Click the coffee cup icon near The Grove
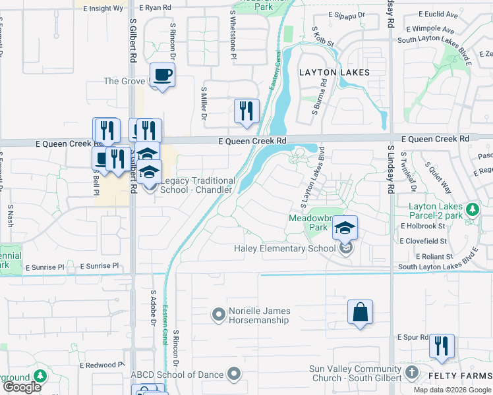pyautogui.click(x=161, y=74)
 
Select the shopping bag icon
pyautogui.click(x=360, y=312)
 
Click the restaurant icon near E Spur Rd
pyautogui.click(x=441, y=346)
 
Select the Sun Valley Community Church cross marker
pyautogui.click(x=412, y=373)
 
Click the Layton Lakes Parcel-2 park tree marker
pyautogui.click(x=472, y=209)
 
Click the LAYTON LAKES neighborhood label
pyautogui.click(x=334, y=72)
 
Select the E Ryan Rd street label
pyautogui.click(x=156, y=8)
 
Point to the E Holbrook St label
pyautogui.click(x=422, y=226)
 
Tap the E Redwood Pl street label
pyautogui.click(x=101, y=365)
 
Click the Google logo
pyautogui.click(x=22, y=387)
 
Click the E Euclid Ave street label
pyautogui.click(x=438, y=14)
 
